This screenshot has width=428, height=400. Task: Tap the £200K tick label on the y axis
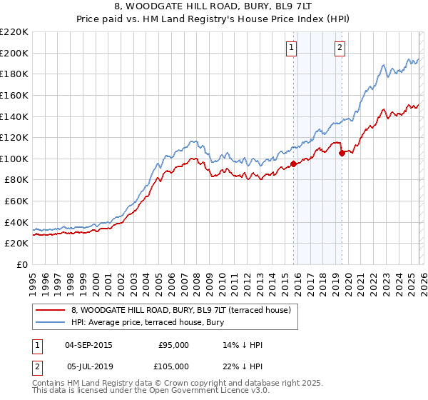14,53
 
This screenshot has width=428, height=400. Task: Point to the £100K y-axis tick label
14,159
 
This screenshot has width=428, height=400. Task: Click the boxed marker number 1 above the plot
292,48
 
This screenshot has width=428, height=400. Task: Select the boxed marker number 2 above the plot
340,48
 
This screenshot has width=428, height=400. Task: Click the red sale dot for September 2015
294,164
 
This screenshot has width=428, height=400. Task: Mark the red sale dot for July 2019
342,153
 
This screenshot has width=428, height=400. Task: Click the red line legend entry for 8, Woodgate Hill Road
181,311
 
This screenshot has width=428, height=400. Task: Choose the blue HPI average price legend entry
148,323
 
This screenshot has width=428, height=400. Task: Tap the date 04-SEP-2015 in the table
88,345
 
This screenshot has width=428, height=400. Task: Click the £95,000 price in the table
173,345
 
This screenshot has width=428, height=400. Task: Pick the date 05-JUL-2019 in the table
88,366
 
